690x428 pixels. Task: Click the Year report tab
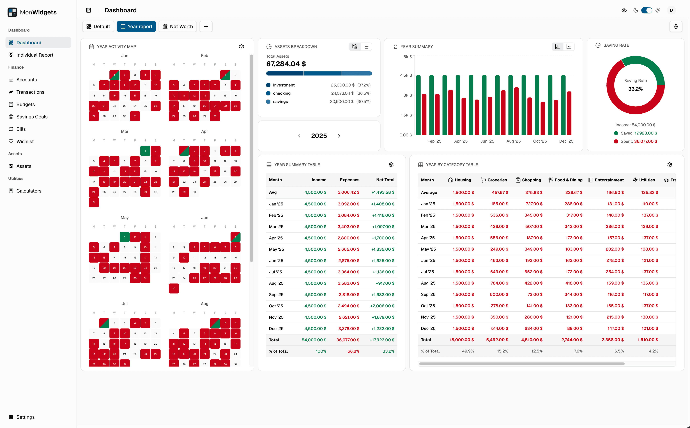tap(136, 26)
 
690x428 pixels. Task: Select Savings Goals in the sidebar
tap(32, 117)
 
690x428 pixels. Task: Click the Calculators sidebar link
tap(29, 191)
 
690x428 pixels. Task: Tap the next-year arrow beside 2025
tap(339, 136)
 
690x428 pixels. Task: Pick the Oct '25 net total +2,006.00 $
tap(382, 306)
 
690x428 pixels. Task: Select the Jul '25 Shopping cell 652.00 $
tap(533, 272)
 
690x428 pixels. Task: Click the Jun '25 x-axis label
tap(487, 141)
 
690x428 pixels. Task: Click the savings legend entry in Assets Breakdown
tap(280, 101)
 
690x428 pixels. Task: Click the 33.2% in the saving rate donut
tap(635, 89)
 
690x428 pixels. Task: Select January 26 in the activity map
tap(155, 106)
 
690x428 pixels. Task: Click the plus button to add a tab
tap(206, 26)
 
